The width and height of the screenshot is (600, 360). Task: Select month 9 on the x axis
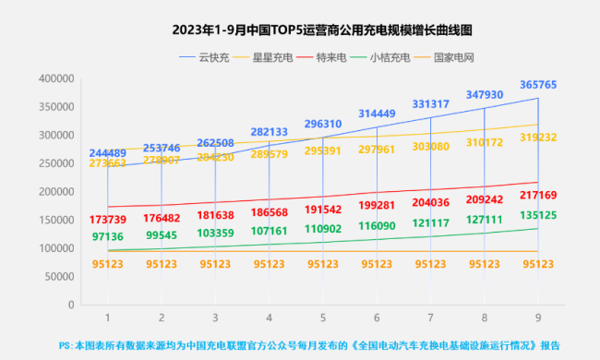click(537, 318)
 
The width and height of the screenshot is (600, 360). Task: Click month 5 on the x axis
click(323, 318)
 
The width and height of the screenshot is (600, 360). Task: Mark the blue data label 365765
click(537, 85)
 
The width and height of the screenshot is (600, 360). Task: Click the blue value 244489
click(108, 152)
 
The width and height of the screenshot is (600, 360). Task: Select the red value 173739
click(108, 220)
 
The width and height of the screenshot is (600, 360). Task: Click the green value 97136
click(108, 237)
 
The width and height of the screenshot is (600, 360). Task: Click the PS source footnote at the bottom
click(308, 345)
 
